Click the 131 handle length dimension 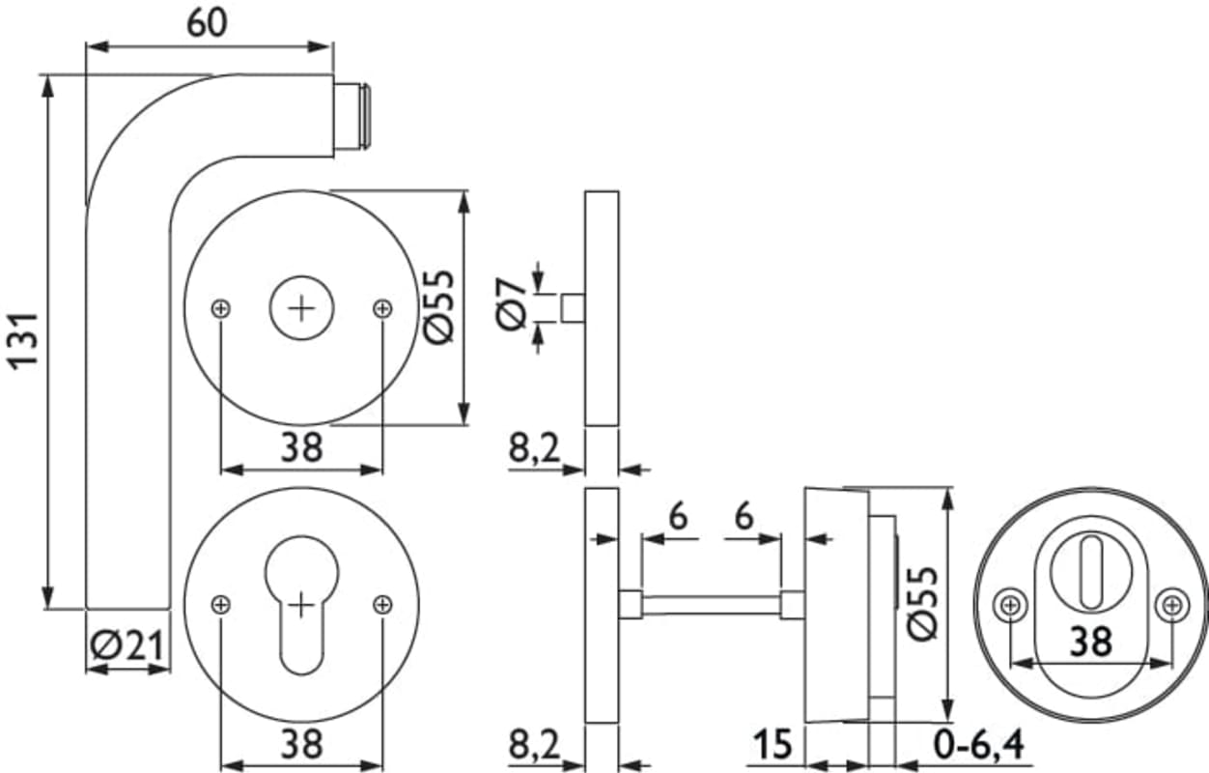tap(23, 338)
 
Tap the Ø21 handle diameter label tap(126, 644)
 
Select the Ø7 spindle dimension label tap(513, 302)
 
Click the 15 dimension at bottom tap(773, 744)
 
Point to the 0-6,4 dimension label tap(977, 744)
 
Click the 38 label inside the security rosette tap(1090, 641)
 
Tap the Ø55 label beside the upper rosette tap(437, 305)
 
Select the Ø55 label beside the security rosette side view tap(921, 603)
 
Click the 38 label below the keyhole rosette tap(301, 744)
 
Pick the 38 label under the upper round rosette tap(301, 447)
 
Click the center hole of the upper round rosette tap(302, 308)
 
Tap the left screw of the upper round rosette tap(221, 308)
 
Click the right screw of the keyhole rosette tap(382, 605)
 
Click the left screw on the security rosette tap(1009, 605)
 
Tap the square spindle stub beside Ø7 tap(573, 308)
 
